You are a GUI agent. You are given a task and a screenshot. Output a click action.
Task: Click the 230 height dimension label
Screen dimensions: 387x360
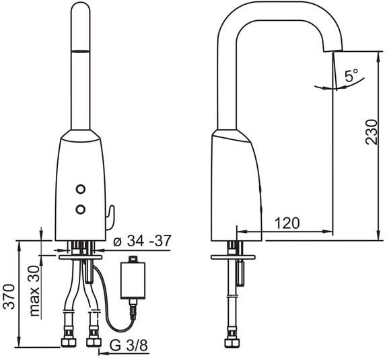click(x=372, y=132)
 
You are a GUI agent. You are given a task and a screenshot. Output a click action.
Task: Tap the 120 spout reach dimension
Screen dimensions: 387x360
click(x=287, y=223)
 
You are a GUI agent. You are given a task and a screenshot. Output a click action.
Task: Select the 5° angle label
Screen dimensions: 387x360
click(x=351, y=75)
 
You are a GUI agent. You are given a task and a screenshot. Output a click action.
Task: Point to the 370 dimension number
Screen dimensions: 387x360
click(x=9, y=297)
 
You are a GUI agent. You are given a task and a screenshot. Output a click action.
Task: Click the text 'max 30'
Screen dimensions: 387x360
click(x=34, y=291)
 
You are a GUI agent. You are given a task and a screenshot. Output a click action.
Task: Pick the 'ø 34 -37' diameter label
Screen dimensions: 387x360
click(x=142, y=241)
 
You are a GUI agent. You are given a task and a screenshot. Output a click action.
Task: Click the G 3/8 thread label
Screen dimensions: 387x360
click(x=129, y=345)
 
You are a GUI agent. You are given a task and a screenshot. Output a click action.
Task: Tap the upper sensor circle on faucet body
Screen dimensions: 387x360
click(x=81, y=189)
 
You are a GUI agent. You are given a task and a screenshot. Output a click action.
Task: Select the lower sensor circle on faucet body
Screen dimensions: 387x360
click(x=81, y=209)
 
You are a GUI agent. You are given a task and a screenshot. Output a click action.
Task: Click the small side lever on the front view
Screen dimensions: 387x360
click(x=111, y=217)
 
